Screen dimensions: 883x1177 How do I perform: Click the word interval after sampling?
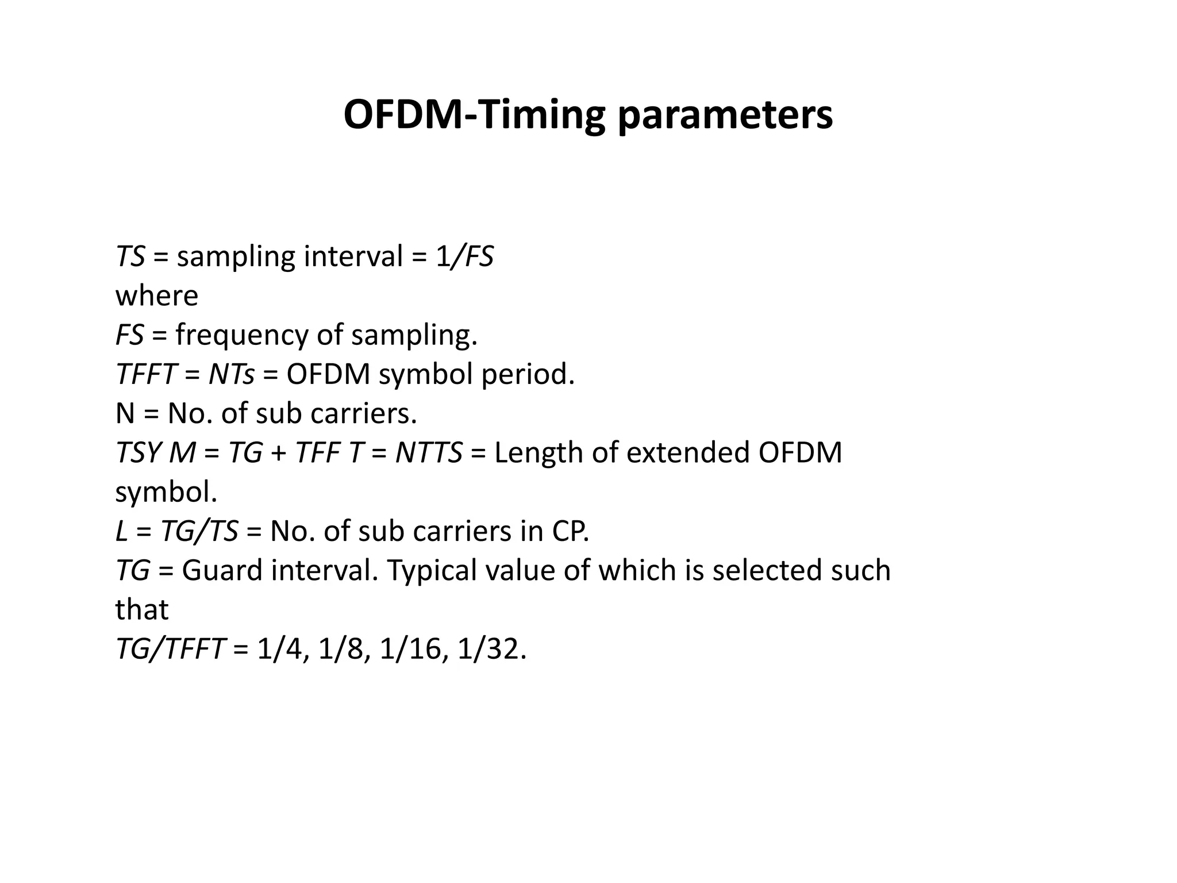(353, 256)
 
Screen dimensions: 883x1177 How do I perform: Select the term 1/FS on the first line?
(464, 256)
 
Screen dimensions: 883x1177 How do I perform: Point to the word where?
(156, 296)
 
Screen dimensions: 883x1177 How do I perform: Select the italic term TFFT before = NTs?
(145, 374)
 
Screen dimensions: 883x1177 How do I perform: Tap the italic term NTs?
(231, 374)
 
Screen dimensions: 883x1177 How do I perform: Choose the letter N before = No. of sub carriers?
(125, 413)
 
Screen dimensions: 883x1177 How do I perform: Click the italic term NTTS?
(429, 452)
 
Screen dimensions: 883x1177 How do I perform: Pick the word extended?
(687, 452)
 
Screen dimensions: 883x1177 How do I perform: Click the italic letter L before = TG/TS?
(121, 531)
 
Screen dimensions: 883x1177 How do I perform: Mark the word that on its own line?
(141, 609)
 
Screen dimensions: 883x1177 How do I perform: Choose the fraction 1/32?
(491, 649)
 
